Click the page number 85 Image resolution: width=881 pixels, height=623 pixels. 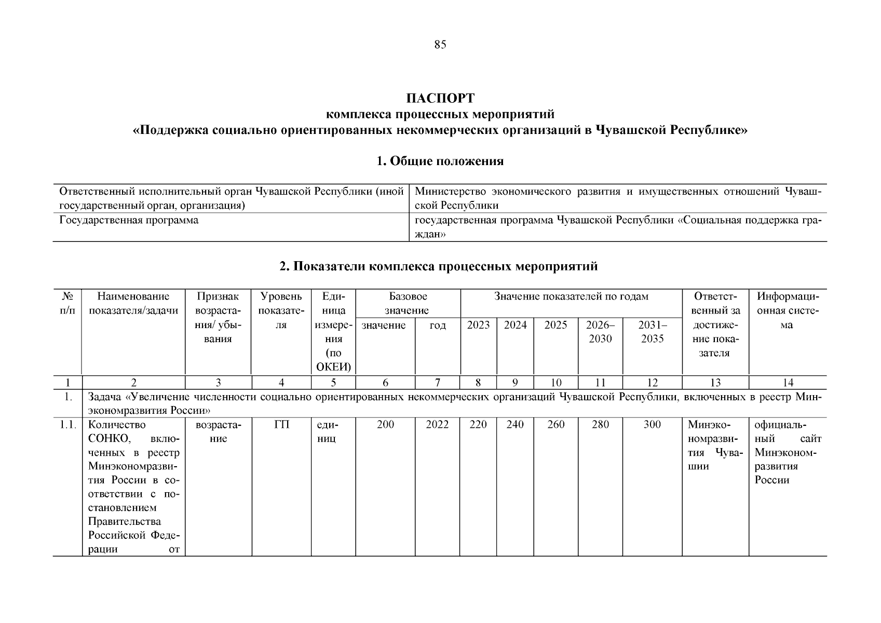[440, 45]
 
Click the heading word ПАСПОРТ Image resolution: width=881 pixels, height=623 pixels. [440, 98]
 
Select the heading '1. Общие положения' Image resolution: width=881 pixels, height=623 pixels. [440, 161]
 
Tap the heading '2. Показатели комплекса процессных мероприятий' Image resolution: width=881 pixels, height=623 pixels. [439, 266]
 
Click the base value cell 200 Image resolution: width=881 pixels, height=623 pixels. [385, 425]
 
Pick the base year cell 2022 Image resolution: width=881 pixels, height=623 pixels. [437, 425]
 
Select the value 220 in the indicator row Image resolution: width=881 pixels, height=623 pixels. [478, 425]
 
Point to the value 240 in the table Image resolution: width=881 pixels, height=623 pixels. [515, 425]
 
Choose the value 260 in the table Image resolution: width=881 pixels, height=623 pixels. [556, 425]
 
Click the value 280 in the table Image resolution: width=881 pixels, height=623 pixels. [600, 425]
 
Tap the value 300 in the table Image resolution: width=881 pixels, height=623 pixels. [652, 425]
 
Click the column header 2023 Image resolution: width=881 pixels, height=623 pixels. [478, 325]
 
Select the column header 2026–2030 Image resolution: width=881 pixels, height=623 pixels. [600, 332]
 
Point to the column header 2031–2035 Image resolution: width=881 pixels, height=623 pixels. [652, 332]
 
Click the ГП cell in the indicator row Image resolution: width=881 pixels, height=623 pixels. [281, 425]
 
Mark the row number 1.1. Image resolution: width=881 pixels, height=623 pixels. [67, 425]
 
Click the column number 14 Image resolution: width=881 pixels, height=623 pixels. [788, 383]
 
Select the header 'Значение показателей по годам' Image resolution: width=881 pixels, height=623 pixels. [571, 296]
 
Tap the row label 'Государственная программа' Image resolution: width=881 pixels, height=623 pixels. [129, 220]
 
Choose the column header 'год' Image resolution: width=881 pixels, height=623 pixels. [438, 325]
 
